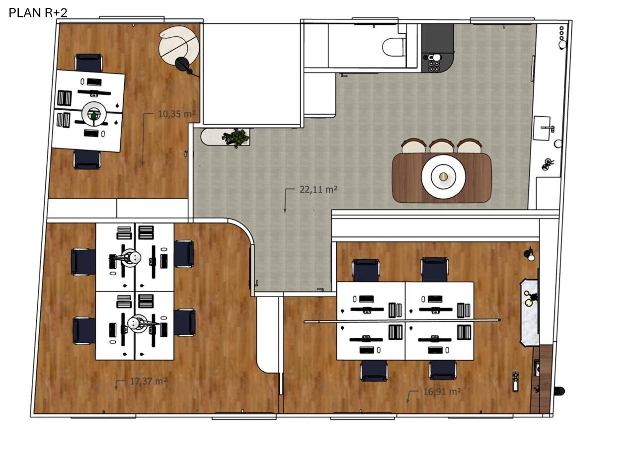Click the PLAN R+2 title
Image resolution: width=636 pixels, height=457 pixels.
pos(38,13)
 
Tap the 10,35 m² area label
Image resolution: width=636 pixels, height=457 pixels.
pos(176,114)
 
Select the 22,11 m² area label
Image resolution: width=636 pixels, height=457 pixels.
pos(318,189)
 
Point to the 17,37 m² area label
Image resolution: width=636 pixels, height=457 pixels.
pos(149,381)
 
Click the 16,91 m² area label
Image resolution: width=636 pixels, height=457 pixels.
pos(442,392)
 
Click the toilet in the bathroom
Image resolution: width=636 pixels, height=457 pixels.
pos(394,47)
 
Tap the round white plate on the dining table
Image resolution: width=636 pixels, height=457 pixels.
pos(443,176)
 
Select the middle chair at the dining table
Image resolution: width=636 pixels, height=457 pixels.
pos(442,146)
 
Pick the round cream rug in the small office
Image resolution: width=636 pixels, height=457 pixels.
pos(177,45)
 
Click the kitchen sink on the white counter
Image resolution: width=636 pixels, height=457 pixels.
pos(542,128)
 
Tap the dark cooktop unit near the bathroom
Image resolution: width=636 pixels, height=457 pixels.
pos(437,48)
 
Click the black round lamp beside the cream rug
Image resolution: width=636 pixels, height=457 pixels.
pos(182,64)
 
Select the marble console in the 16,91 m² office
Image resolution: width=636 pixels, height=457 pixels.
pos(530,313)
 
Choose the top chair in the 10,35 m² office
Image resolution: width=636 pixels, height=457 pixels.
pos(89,63)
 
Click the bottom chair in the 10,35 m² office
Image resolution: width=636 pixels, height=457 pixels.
pos(87,159)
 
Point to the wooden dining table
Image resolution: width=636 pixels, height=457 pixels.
pos(442,178)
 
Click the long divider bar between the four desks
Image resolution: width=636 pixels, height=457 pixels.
pos(402,321)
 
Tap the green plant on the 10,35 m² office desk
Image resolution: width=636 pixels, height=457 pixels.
pos(94,116)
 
